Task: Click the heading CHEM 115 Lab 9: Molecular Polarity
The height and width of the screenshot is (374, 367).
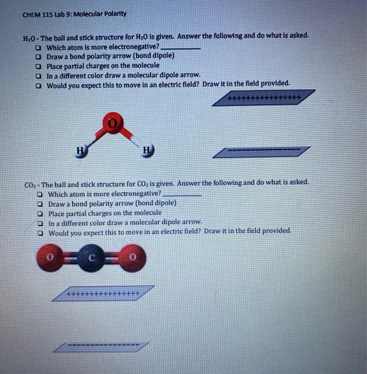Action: [x=75, y=13]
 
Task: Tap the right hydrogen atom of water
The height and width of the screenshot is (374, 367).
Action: [x=147, y=151]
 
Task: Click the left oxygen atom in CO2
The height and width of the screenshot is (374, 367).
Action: [x=49, y=258]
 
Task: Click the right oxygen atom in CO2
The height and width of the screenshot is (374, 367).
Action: [x=133, y=258]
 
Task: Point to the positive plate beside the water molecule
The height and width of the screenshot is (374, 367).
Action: [x=264, y=98]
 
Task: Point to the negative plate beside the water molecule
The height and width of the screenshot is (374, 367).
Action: [x=261, y=152]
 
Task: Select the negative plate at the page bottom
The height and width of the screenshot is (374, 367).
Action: [x=101, y=347]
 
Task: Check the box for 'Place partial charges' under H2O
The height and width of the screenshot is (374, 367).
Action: [x=38, y=66]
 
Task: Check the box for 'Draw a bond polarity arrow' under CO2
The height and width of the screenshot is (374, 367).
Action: [x=40, y=204]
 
